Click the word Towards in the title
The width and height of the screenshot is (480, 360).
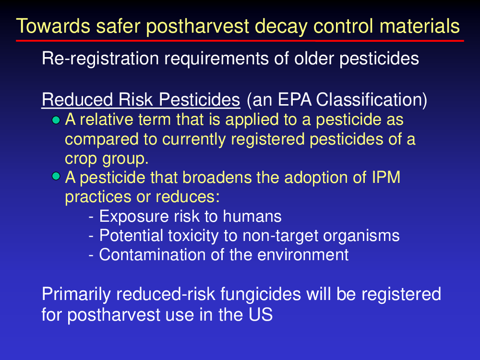pyautogui.click(x=53, y=26)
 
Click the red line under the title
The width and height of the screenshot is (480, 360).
pyautogui.click(x=240, y=40)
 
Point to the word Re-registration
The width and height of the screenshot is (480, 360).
pyautogui.click(x=100, y=59)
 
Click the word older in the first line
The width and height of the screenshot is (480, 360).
pyautogui.click(x=314, y=58)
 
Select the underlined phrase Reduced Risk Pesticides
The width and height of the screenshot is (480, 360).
pyautogui.click(x=141, y=100)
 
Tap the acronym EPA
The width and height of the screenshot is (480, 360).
pyautogui.click(x=295, y=100)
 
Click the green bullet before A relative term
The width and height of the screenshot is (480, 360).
pyautogui.click(x=56, y=120)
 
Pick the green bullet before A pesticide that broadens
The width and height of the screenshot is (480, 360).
pyautogui.click(x=56, y=176)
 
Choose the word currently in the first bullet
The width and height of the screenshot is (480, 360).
pyautogui.click(x=194, y=140)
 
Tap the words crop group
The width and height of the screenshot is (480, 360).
pyautogui.click(x=107, y=159)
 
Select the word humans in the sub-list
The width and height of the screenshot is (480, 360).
pyautogui.click(x=252, y=216)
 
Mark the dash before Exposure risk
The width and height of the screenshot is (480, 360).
pyautogui.click(x=91, y=217)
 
